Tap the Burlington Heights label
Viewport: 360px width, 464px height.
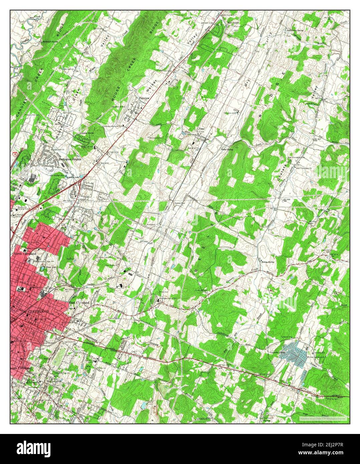[70, 160]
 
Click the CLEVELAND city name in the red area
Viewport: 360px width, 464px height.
[39, 311]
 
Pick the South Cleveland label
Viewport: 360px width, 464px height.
[21, 368]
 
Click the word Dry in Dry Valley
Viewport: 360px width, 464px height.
[247, 85]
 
